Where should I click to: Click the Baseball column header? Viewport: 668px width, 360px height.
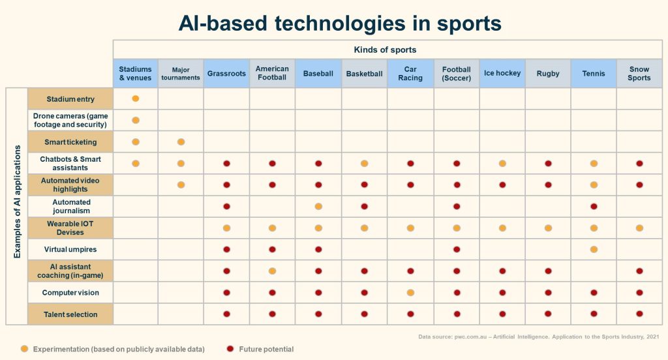tap(318, 73)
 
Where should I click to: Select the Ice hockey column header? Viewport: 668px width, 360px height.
tap(502, 73)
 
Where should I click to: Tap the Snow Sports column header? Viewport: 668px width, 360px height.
tap(639, 73)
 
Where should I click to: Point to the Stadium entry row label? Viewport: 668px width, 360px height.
tap(70, 99)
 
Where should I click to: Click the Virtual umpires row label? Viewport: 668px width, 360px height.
tap(70, 249)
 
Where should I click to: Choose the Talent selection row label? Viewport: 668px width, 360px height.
tap(70, 314)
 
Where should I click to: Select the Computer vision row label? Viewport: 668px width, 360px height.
tap(70, 293)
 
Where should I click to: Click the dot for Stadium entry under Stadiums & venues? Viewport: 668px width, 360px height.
tap(136, 98)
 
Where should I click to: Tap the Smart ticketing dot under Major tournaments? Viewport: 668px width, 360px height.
tap(181, 142)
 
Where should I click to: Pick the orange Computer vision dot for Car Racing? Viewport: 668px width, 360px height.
tap(410, 293)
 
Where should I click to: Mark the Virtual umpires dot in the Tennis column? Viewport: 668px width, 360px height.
tap(594, 249)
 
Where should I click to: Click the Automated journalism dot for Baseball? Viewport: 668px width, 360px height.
tap(318, 207)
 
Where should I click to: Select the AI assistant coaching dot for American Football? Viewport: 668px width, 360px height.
tap(272, 271)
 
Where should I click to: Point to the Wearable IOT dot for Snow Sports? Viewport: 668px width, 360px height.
tap(639, 228)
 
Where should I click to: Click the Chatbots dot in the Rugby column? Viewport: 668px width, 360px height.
tap(548, 164)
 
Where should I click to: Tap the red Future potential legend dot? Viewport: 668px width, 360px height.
tap(230, 349)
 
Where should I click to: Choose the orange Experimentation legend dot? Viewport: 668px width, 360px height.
tap(24, 349)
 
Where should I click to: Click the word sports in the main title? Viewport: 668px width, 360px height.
tap(469, 23)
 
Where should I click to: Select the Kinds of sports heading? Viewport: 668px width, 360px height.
tap(385, 50)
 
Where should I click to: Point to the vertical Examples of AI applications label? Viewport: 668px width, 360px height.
tap(18, 202)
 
